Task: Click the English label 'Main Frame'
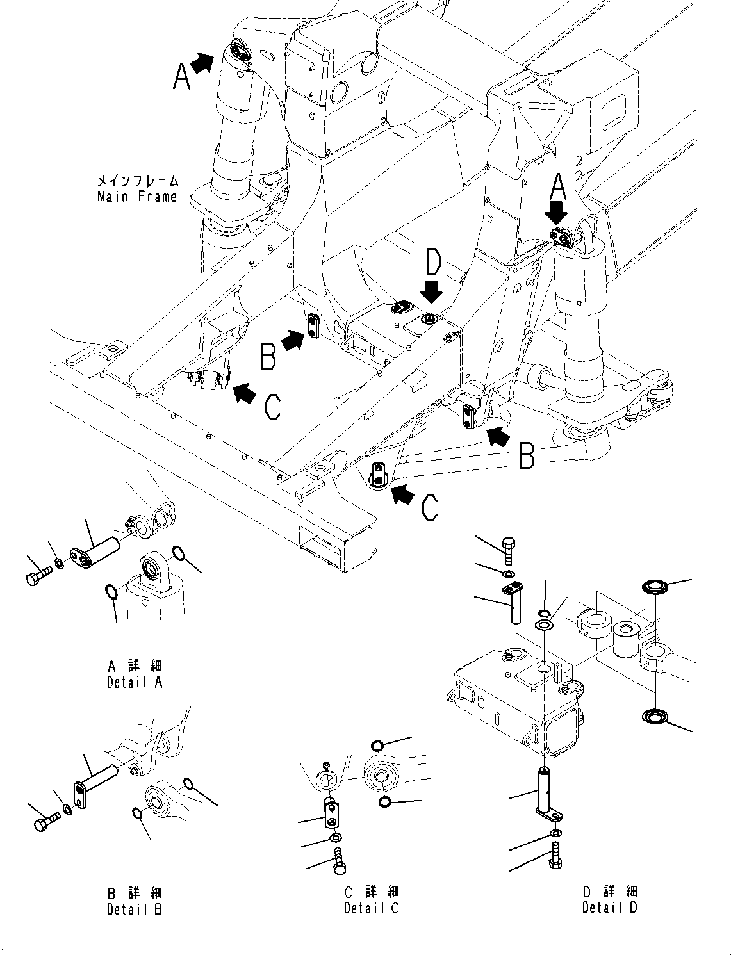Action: tap(137, 197)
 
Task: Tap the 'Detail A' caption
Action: tap(135, 682)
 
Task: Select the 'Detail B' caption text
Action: tap(135, 908)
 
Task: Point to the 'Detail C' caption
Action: tap(372, 908)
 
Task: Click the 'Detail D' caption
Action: tap(610, 907)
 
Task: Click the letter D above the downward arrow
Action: tap(434, 263)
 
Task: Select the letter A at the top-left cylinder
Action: tap(182, 78)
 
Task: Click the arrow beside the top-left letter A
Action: tap(204, 63)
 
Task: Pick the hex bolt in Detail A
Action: tap(36, 578)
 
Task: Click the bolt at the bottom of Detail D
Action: tap(555, 856)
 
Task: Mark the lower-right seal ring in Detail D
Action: tap(655, 716)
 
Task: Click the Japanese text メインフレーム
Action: tap(137, 181)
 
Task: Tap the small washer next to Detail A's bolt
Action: tap(58, 563)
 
